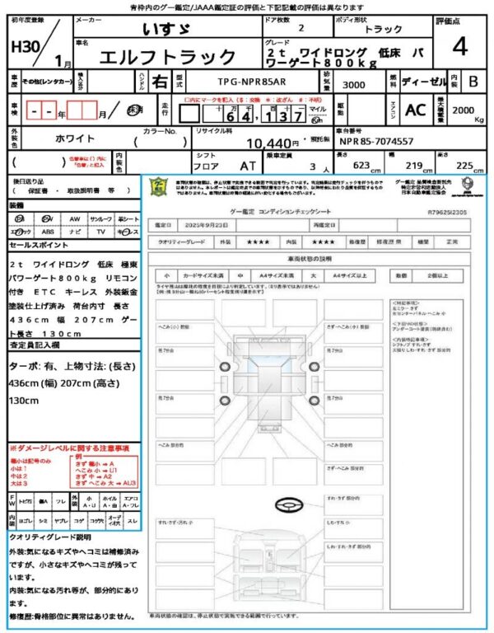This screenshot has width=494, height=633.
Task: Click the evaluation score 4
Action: click(459, 47)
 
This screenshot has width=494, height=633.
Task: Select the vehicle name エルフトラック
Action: click(167, 57)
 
